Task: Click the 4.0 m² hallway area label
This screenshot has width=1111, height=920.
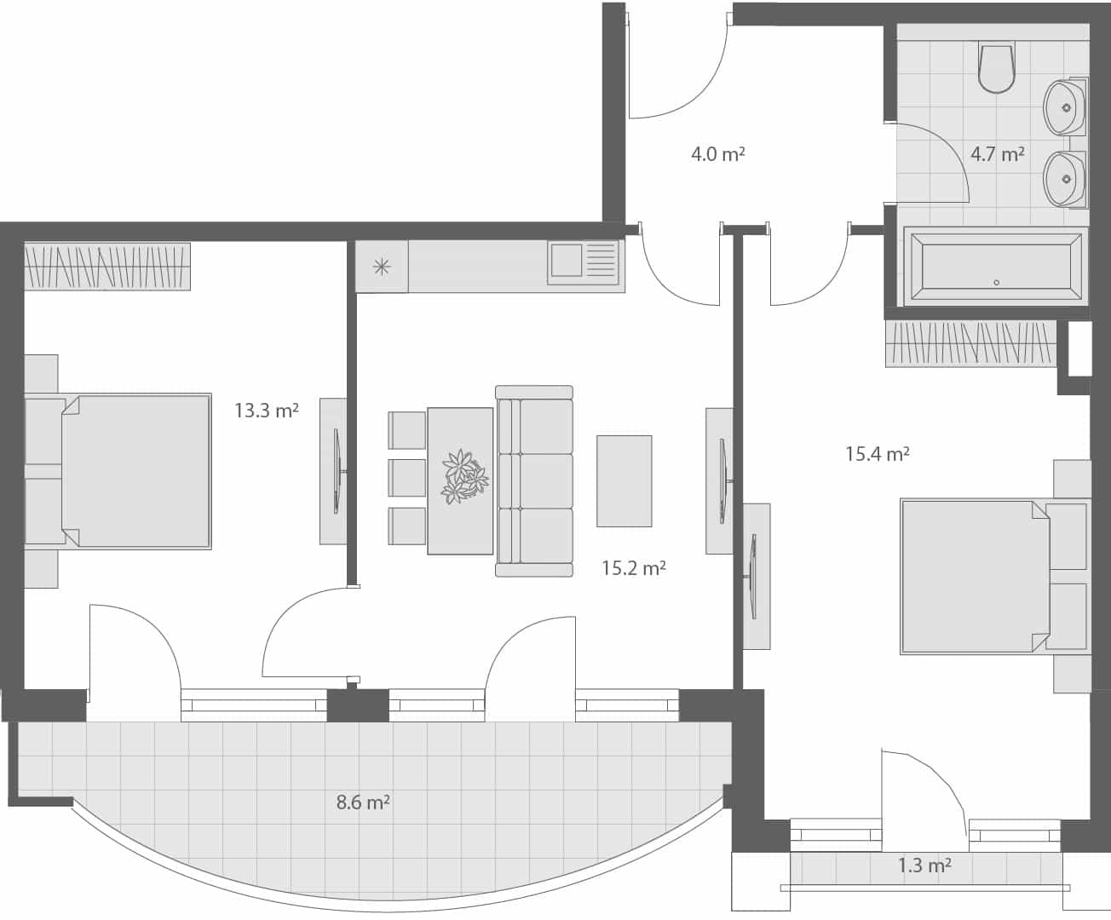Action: coord(718,154)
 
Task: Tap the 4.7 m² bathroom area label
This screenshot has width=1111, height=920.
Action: coord(997,154)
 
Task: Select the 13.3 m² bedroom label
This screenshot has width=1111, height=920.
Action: coord(266,411)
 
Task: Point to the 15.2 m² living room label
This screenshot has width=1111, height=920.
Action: coord(633,568)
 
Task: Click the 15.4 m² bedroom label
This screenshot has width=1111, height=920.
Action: coord(877,454)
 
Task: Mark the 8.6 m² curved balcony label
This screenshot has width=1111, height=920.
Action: coord(363,802)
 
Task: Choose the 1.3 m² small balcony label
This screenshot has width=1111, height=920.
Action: coord(924,866)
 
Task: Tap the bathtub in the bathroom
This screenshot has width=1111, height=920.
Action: coord(994,267)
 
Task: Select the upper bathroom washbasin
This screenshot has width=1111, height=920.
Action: coord(1063,107)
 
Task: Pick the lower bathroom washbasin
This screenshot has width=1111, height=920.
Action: coord(1063,179)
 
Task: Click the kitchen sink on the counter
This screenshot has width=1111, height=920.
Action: coord(583,261)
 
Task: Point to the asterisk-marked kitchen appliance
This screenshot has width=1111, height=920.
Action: coord(382,267)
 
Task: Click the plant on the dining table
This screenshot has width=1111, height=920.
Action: coord(463,475)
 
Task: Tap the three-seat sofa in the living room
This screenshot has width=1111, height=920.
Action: coord(535,480)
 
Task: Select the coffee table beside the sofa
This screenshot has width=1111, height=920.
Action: coord(624,480)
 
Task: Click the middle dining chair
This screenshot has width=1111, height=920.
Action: coord(407,477)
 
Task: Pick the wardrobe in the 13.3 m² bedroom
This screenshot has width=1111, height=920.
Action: coord(106,267)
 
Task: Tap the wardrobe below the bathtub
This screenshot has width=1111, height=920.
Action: coord(970,343)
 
